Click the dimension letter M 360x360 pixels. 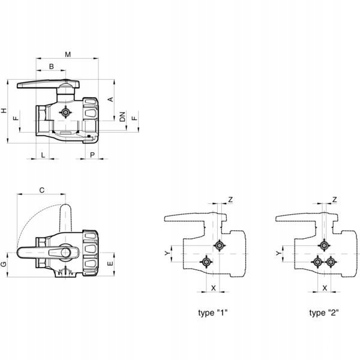[68, 55]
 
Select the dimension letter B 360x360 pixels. [52, 66]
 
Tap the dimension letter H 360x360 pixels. [4, 111]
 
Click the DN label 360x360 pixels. [122, 117]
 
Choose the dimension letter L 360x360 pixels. [43, 155]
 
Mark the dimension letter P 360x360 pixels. [92, 155]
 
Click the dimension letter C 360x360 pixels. [41, 190]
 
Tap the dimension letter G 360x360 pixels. [4, 264]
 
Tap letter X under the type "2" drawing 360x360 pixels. [325, 288]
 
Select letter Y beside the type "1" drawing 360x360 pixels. [168, 254]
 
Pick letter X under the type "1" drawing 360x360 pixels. [214, 288]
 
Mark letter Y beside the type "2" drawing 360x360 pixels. [278, 254]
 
